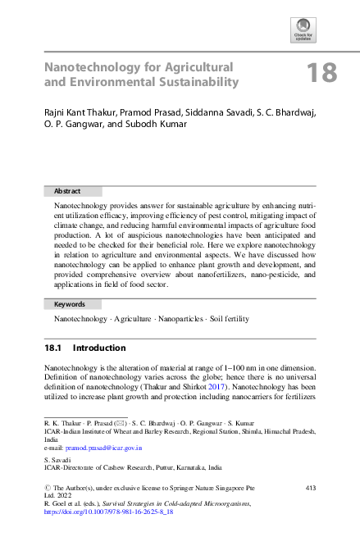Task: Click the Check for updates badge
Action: (303, 29)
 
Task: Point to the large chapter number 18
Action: (321, 74)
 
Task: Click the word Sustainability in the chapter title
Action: (195, 82)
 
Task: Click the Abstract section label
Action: (66, 191)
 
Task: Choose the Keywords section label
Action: (70, 303)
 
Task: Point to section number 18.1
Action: (54, 348)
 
